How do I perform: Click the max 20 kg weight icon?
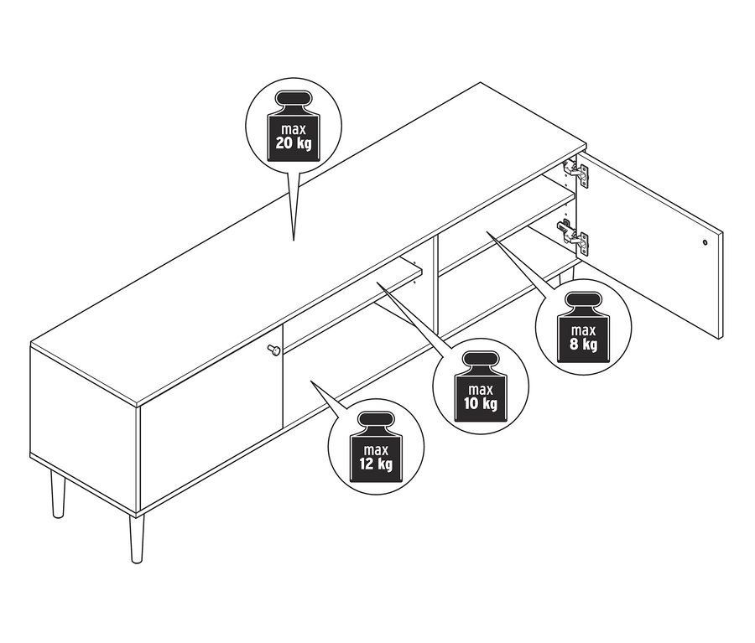294,126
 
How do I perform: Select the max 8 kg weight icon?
583,329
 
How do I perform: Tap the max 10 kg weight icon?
480,386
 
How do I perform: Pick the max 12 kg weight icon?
376,448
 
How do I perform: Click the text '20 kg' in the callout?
294,143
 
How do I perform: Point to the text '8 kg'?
584,344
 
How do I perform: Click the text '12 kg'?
376,464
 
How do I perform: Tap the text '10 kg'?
481,403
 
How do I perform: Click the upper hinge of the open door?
575,173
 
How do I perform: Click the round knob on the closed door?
273,350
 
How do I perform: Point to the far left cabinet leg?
58,494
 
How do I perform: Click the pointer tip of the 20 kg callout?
294,240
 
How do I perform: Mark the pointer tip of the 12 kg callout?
311,381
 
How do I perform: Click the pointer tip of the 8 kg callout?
487,232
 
